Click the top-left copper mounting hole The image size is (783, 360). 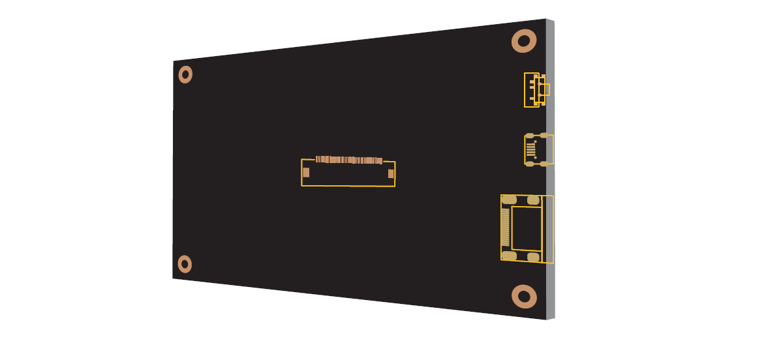185,75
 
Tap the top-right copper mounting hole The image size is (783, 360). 523,42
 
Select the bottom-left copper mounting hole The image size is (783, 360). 185,264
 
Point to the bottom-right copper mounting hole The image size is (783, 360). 524,297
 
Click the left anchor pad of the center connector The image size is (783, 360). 306,173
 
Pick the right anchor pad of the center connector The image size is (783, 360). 391,173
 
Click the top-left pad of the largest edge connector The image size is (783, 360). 510,199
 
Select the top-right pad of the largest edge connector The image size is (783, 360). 533,200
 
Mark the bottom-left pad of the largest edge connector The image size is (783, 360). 510,256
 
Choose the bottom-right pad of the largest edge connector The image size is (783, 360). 533,257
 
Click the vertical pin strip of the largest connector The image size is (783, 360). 505,227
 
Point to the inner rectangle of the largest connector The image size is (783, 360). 527,228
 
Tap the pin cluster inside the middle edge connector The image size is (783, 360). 531,149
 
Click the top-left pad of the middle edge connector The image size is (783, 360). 530,136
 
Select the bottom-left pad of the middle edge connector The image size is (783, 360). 530,164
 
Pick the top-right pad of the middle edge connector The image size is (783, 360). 544,136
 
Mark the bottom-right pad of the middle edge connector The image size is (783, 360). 544,164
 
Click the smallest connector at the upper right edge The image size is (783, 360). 535,89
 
